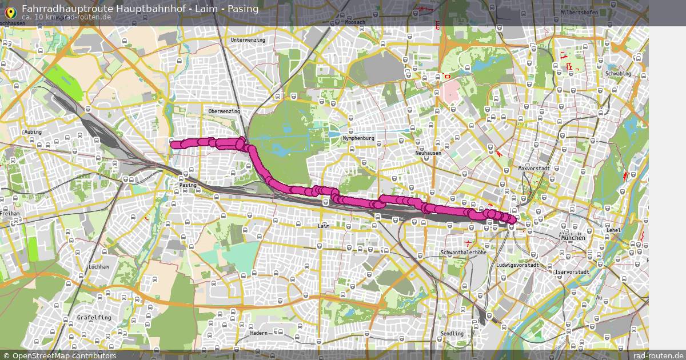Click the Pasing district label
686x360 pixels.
point(188,185)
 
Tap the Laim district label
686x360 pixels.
point(324,226)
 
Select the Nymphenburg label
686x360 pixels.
point(358,138)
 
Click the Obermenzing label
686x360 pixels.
point(224,111)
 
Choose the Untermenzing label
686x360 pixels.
point(248,40)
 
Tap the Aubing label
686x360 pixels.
point(33,132)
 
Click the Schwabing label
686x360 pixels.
point(618,74)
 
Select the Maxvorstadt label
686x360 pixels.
point(533,169)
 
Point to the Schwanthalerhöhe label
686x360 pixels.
point(463,252)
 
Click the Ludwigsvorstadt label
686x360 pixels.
point(517,265)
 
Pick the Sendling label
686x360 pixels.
point(452,334)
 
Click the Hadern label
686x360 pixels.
point(258,333)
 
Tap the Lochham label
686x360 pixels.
point(99,267)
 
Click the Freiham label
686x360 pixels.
point(11,213)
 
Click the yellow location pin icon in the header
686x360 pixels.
point(10,11)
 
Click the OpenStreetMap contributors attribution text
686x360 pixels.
point(64,355)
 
